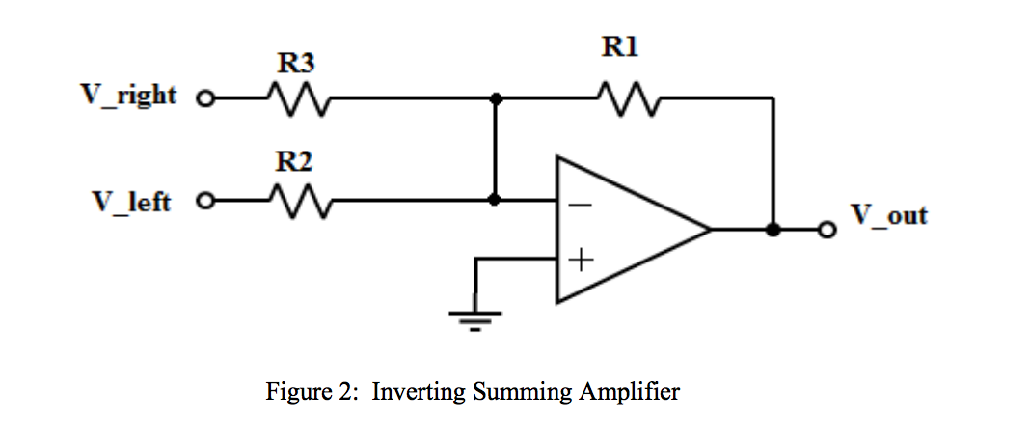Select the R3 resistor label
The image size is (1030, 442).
[x=294, y=64]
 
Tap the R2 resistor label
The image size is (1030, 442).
[x=294, y=162]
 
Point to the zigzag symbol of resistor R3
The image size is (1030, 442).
[x=299, y=97]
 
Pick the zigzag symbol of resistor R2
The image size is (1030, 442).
[x=299, y=202]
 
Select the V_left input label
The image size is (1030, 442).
[x=132, y=202]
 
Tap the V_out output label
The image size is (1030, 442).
[x=889, y=214]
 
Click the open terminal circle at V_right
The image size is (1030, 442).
[x=203, y=98]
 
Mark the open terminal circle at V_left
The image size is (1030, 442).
[x=203, y=202]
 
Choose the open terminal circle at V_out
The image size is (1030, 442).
[x=826, y=230]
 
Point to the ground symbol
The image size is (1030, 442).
[x=474, y=318]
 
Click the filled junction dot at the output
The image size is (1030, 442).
[x=772, y=230]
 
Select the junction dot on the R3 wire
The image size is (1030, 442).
[x=495, y=98]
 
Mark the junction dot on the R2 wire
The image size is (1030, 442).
[x=495, y=201]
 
